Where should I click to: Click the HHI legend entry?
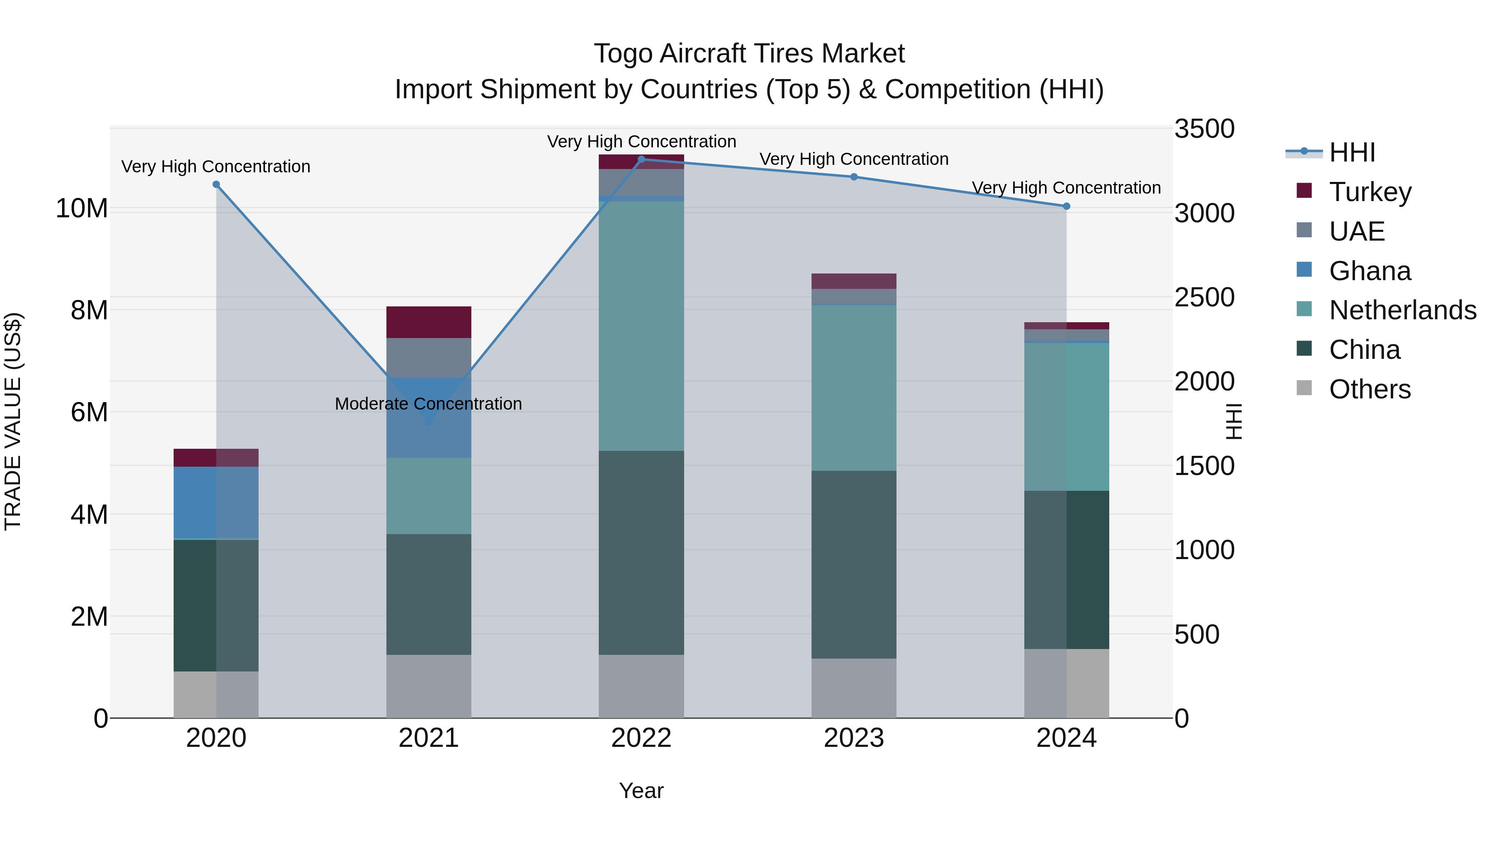point(1351,152)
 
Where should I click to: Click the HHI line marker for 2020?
point(216,184)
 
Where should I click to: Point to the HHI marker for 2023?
point(854,177)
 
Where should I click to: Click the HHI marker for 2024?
point(1066,206)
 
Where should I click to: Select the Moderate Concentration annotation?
point(428,404)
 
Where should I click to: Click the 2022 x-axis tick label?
point(641,738)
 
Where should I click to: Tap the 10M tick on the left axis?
point(82,208)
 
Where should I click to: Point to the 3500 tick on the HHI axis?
point(1204,129)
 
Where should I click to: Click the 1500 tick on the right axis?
point(1204,466)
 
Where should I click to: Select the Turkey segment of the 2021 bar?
point(428,322)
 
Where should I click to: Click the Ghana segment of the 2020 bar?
point(216,502)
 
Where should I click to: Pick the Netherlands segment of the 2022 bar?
point(641,326)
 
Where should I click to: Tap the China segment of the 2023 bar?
point(854,564)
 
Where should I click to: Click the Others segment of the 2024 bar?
point(1066,683)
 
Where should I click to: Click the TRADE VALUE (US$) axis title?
point(13,421)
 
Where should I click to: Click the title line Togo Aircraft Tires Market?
point(749,54)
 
